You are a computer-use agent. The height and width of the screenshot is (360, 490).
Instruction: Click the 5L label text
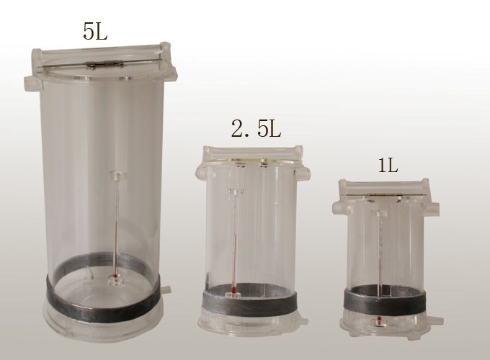[95, 31]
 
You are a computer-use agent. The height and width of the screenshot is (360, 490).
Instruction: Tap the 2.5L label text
[257, 129]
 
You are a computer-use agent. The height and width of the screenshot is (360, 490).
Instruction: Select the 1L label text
[388, 165]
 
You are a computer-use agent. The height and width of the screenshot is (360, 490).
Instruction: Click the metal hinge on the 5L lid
[104, 64]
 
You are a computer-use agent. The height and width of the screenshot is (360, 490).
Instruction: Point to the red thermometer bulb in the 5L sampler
[115, 276]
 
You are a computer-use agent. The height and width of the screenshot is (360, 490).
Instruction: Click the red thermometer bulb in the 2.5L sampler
[233, 290]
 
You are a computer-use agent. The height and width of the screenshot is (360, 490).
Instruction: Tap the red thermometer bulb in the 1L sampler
[379, 320]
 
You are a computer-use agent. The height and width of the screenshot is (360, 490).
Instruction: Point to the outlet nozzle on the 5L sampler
[166, 289]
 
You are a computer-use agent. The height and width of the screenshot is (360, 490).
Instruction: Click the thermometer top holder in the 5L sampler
[117, 175]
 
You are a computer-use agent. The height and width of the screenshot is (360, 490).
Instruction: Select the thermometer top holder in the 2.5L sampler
[236, 192]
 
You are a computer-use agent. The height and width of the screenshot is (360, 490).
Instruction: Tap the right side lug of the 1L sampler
[431, 208]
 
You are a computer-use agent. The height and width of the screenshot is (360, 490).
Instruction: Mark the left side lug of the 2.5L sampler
[202, 173]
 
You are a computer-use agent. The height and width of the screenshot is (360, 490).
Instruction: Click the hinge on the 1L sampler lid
[384, 195]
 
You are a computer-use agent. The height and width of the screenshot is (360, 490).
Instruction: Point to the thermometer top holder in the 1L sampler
[379, 214]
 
